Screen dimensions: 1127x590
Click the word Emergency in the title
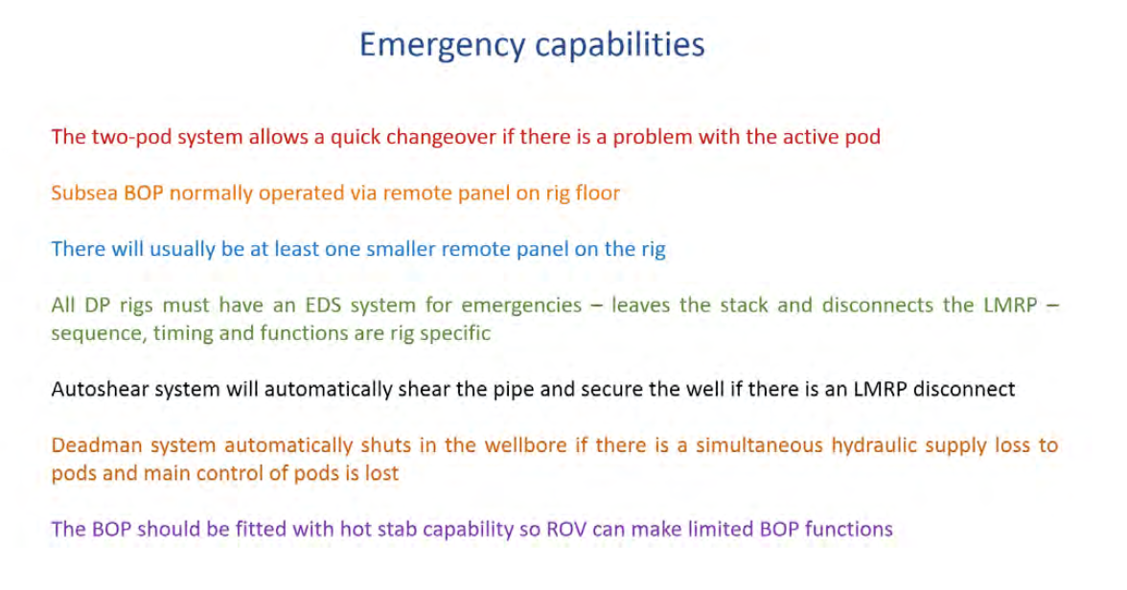[x=442, y=46]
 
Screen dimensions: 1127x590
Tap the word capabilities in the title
[x=620, y=45]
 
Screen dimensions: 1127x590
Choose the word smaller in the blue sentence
[x=401, y=249]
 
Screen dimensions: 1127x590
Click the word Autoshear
[x=99, y=389]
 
